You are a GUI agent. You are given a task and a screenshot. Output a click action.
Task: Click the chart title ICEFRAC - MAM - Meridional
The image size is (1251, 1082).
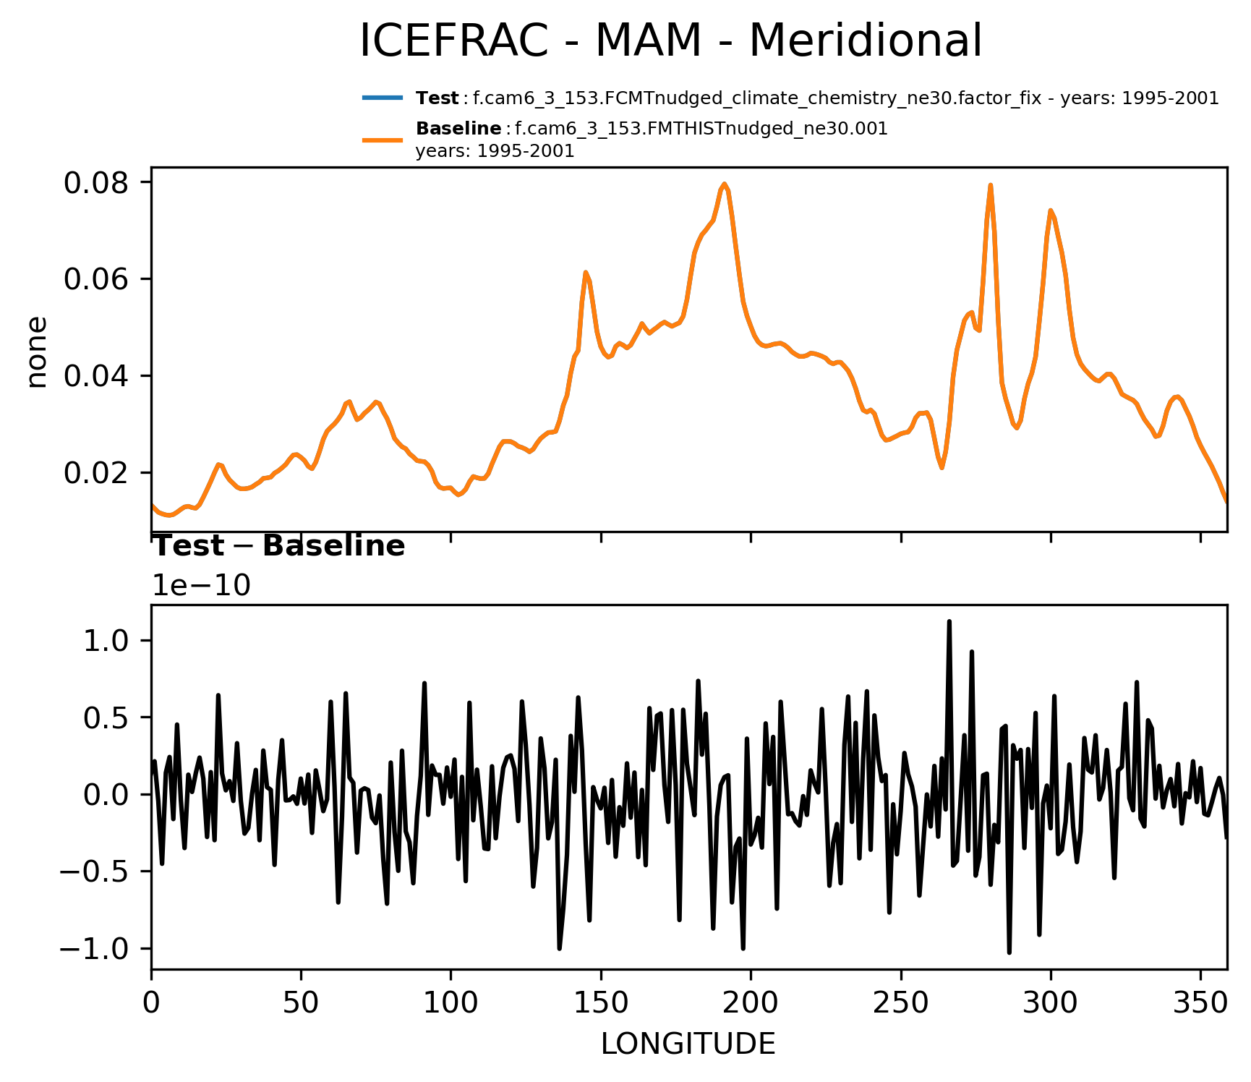click(x=670, y=41)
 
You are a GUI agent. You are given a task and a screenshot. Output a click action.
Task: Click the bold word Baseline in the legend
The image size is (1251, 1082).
click(x=458, y=129)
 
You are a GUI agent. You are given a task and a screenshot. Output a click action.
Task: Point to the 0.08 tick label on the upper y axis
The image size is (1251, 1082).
click(x=96, y=183)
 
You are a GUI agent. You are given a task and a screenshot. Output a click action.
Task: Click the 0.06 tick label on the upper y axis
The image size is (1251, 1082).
click(x=96, y=279)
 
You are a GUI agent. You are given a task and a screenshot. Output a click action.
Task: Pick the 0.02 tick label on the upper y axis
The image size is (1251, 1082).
click(x=96, y=473)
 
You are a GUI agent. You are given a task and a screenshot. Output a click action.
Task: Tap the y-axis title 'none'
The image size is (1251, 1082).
click(x=37, y=352)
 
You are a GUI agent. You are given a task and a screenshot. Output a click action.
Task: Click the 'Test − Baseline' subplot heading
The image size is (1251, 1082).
click(x=278, y=546)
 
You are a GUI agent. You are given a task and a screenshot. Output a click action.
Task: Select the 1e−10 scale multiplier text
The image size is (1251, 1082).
click(x=201, y=586)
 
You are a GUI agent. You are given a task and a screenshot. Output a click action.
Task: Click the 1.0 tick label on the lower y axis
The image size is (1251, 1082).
click(x=106, y=641)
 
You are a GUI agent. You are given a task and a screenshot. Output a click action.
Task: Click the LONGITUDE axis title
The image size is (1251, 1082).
click(x=688, y=1044)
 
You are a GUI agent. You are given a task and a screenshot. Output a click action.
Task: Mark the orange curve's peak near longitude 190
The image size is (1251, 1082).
click(x=724, y=184)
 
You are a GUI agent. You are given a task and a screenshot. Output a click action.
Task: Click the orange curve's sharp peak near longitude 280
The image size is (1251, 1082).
click(x=991, y=185)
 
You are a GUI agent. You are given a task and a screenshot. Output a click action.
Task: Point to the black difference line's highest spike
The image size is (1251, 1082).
click(x=949, y=621)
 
